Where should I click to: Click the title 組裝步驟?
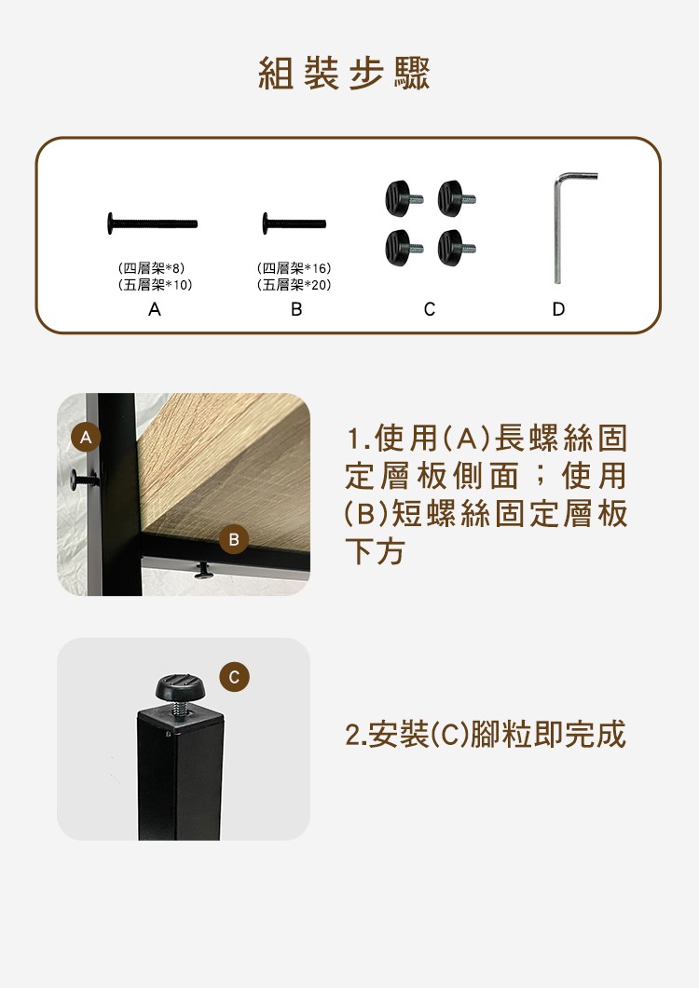pyautogui.click(x=345, y=74)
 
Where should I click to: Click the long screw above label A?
pyautogui.click(x=152, y=223)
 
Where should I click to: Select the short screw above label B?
pyautogui.click(x=294, y=223)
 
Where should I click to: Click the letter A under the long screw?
pyautogui.click(x=155, y=309)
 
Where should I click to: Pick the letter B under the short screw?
pyautogui.click(x=296, y=309)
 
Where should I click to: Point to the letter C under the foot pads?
pyautogui.click(x=430, y=309)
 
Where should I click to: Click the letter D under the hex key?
pyautogui.click(x=558, y=309)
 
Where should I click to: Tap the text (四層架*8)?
pyautogui.click(x=151, y=268)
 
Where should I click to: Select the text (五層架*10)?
pyautogui.click(x=155, y=285)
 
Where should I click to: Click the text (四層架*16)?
pyautogui.click(x=294, y=268)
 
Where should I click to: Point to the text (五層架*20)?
pyautogui.click(x=294, y=285)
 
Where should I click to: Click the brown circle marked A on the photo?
pyautogui.click(x=87, y=438)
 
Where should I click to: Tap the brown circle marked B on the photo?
pyautogui.click(x=234, y=539)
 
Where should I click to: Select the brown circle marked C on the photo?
pyautogui.click(x=234, y=677)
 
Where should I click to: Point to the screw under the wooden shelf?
pyautogui.click(x=204, y=571)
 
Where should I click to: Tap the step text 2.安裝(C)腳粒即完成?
pyautogui.click(x=486, y=734)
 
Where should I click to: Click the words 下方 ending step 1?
pyautogui.click(x=375, y=552)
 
